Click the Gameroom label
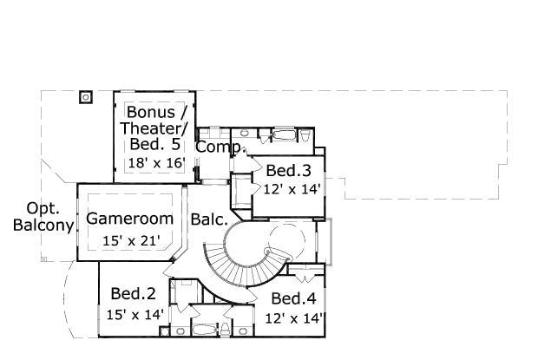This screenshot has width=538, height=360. point(129,219)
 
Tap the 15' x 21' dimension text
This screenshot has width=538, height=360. point(131,240)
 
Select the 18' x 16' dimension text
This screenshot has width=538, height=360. point(157,163)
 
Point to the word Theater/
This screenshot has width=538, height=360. point(154,128)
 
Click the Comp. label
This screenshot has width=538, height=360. point(220,147)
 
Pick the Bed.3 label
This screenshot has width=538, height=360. point(288,170)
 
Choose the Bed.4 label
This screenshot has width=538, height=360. point(293,298)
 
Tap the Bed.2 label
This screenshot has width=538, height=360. point(133,294)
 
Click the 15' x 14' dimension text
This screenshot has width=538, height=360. point(134,314)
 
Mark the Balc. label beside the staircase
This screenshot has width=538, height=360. point(209,219)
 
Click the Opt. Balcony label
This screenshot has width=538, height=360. point(43,217)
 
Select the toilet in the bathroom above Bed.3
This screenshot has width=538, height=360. point(305,135)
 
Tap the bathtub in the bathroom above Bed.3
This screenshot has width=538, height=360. point(284,134)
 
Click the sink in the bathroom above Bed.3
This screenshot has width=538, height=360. point(245,133)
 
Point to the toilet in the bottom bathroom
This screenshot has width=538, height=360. point(226,329)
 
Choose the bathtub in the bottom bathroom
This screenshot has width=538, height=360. point(205,330)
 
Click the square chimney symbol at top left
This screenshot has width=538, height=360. point(86,97)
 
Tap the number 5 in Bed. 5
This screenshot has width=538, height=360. point(175,144)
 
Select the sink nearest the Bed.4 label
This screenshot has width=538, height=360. point(243,331)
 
